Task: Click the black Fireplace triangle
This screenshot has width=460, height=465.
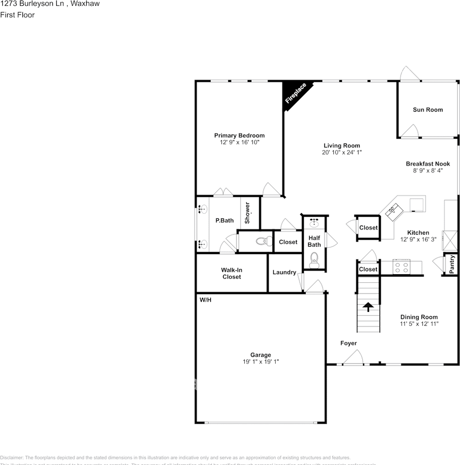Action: pyautogui.click(x=294, y=92)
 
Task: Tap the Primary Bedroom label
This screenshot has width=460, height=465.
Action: pyautogui.click(x=239, y=136)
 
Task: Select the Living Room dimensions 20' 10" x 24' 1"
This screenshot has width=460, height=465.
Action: pyautogui.click(x=341, y=153)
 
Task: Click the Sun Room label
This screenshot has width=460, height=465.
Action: pyautogui.click(x=428, y=110)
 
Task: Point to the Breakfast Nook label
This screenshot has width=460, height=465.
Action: pyautogui.click(x=428, y=164)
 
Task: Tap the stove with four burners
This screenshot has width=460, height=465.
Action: pyautogui.click(x=401, y=267)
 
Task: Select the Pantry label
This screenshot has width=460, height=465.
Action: pyautogui.click(x=452, y=264)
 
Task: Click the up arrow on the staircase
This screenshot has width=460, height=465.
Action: pyautogui.click(x=368, y=306)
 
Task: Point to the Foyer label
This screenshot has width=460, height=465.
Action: pyautogui.click(x=348, y=343)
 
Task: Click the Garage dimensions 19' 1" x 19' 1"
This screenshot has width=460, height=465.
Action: pyautogui.click(x=260, y=362)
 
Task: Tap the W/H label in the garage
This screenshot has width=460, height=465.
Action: pyautogui.click(x=206, y=300)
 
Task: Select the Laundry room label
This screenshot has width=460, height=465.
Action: pyautogui.click(x=284, y=273)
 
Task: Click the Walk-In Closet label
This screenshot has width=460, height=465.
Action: pyautogui.click(x=231, y=274)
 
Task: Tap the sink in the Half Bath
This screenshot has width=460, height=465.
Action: pyautogui.click(x=314, y=223)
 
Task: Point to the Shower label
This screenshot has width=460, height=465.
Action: pyautogui.click(x=247, y=213)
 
